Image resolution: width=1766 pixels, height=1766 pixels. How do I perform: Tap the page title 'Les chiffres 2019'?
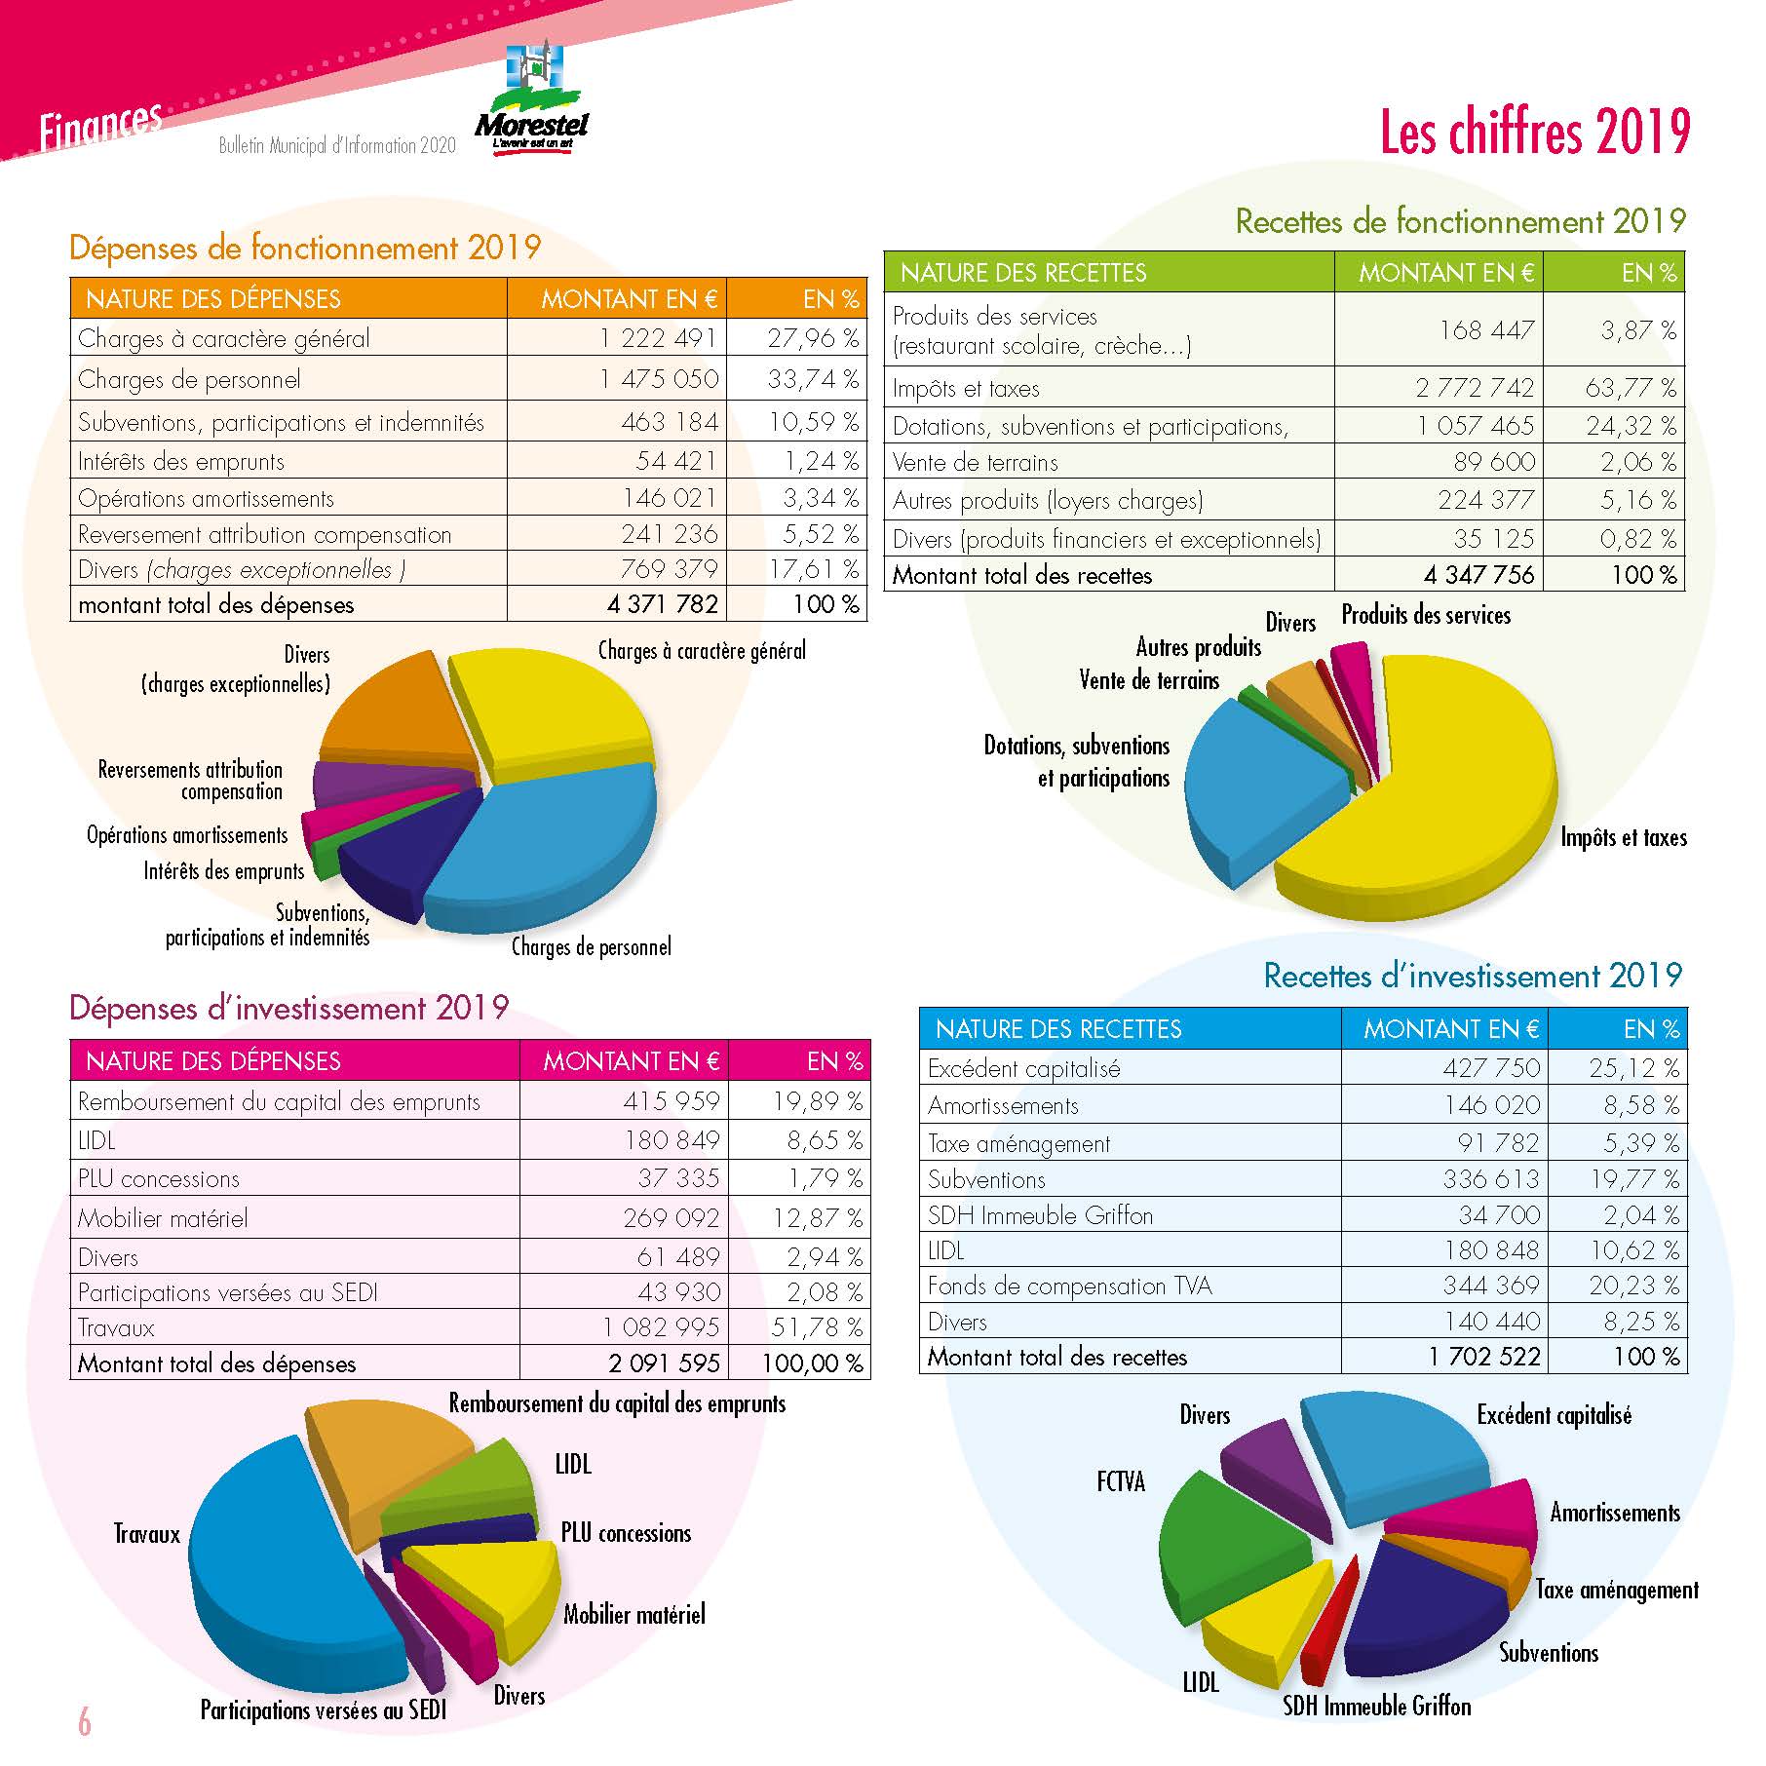click(1534, 133)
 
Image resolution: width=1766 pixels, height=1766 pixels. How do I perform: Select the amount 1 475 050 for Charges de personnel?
click(659, 379)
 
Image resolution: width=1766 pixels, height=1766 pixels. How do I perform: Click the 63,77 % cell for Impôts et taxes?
click(1631, 388)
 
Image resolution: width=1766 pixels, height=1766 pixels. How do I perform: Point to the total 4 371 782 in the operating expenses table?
click(663, 604)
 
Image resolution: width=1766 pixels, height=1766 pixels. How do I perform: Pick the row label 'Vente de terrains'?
click(975, 463)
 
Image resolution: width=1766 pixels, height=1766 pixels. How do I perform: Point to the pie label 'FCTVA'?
click(1121, 1482)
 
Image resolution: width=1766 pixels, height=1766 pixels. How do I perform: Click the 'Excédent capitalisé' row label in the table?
click(1023, 1069)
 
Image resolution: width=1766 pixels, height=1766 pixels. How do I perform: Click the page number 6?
click(85, 1722)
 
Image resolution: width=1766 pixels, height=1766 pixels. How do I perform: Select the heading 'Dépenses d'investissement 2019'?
click(288, 1008)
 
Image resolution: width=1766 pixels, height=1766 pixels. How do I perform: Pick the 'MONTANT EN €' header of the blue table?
click(1450, 1029)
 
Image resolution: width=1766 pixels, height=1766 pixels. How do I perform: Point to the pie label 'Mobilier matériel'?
click(633, 1615)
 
